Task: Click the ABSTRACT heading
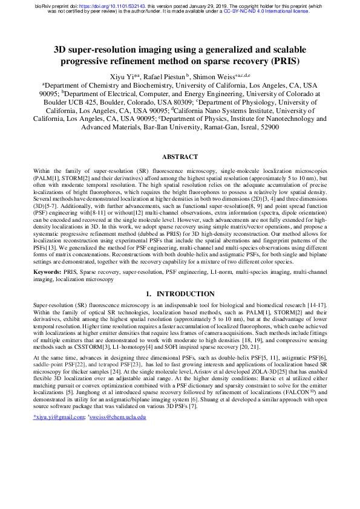click(180, 157)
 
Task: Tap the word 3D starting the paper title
click(62, 49)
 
